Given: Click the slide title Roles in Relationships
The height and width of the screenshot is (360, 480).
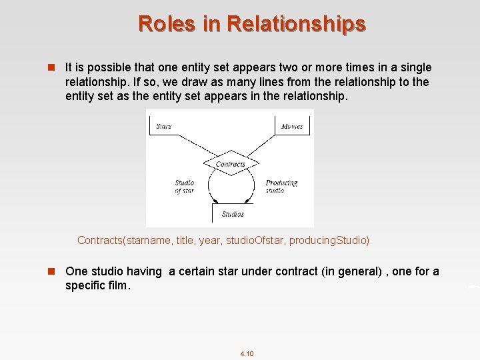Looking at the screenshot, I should click(x=252, y=23).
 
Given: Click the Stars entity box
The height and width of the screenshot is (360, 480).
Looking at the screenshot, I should click(x=164, y=125).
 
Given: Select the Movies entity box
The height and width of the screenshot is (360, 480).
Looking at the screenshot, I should click(x=292, y=125).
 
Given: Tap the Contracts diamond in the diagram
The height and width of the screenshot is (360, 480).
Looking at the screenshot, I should click(x=231, y=164).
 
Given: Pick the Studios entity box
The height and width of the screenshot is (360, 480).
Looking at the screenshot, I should click(x=232, y=214).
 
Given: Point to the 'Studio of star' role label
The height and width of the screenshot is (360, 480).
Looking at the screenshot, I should click(x=184, y=186).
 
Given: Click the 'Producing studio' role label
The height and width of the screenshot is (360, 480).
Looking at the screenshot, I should click(x=281, y=186).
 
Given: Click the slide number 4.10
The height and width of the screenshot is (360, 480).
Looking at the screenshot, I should click(x=246, y=353).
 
